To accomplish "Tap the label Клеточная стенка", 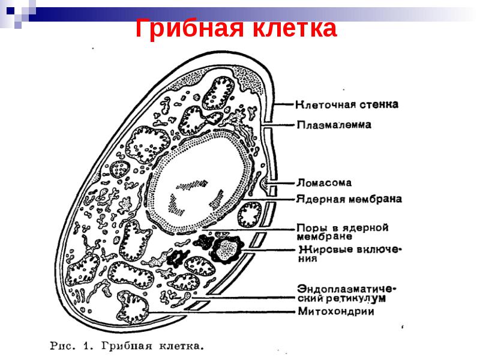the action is (347, 104).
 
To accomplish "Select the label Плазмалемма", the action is (334, 125).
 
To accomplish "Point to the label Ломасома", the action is (324, 183).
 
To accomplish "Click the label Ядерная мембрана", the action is (349, 199).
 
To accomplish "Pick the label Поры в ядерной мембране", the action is (343, 232).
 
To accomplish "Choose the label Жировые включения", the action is (350, 253).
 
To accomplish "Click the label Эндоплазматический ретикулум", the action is (347, 293).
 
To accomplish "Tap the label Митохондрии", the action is (336, 311).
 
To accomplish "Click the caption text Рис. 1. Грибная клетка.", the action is (127, 346).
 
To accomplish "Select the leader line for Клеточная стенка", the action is (284, 104).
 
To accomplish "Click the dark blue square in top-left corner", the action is (10, 11).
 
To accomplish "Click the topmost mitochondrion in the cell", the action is (218, 93).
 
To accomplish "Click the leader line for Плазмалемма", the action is (278, 125).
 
